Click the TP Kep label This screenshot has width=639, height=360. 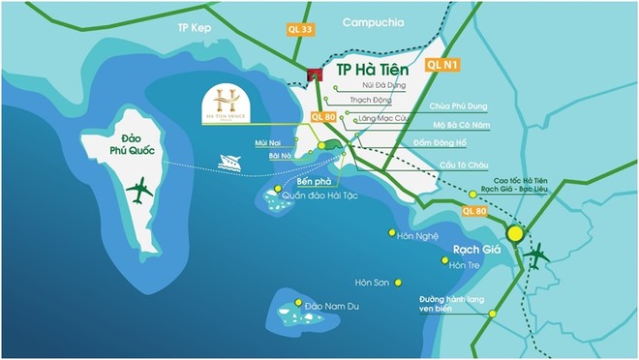[194, 28]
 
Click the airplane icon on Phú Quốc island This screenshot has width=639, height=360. [139, 191]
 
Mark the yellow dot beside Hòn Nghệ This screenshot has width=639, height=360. [391, 233]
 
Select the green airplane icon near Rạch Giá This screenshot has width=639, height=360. [535, 256]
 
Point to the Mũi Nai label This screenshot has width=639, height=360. [267, 143]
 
